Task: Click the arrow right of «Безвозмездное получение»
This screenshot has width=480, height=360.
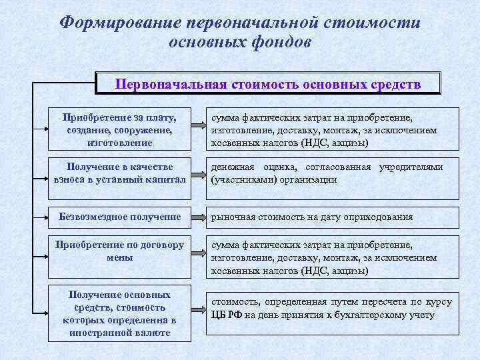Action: [x=196, y=217]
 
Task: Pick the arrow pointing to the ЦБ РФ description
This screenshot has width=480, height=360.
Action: [x=196, y=311]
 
